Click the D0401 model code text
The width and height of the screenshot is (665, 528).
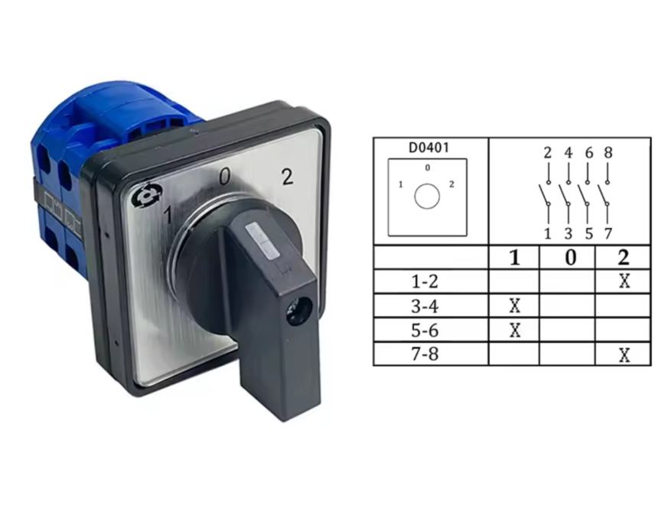pyautogui.click(x=429, y=148)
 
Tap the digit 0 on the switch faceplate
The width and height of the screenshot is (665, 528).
pyautogui.click(x=224, y=177)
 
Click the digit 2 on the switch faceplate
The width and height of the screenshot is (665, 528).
pyautogui.click(x=288, y=177)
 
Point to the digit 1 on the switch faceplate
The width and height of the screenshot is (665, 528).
pyautogui.click(x=168, y=214)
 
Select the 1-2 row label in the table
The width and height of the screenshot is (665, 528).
pyautogui.click(x=425, y=281)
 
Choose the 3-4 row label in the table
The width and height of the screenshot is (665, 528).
pyautogui.click(x=425, y=306)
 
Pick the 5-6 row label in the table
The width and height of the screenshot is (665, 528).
pyautogui.click(x=425, y=330)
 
